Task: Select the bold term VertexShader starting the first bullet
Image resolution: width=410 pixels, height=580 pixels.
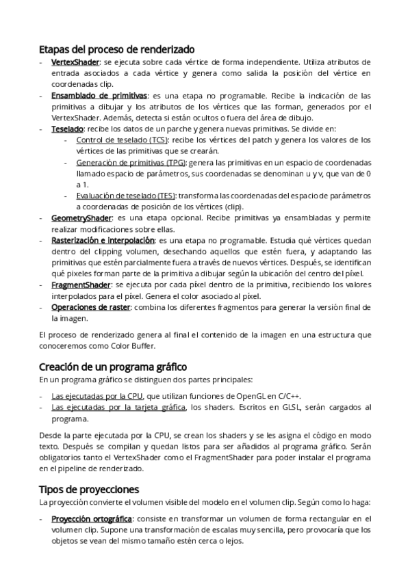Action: tap(75, 62)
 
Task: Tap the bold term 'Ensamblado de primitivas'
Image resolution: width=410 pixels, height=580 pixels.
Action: tap(99, 95)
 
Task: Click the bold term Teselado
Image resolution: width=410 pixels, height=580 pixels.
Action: tap(67, 129)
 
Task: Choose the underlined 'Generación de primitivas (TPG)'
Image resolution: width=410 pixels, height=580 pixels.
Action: tap(130, 162)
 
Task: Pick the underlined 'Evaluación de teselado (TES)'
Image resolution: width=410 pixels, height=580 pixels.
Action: tap(125, 196)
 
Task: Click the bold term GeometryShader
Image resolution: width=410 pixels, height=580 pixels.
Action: tap(81, 217)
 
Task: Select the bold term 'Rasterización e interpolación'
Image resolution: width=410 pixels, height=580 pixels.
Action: tap(103, 241)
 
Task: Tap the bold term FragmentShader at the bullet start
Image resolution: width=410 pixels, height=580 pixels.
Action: tap(81, 285)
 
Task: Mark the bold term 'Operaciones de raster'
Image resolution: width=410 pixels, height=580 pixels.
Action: tap(91, 307)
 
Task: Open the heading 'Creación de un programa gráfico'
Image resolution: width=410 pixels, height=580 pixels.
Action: tap(113, 367)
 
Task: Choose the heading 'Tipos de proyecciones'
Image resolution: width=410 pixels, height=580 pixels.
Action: tap(89, 489)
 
